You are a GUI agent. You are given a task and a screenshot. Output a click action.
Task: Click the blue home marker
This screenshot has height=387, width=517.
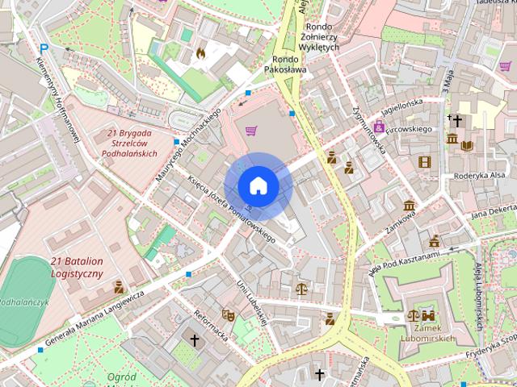(258, 185)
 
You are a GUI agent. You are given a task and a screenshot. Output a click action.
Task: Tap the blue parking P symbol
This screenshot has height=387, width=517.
(44, 49)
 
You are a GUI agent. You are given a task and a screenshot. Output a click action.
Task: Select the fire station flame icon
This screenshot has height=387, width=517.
(200, 53)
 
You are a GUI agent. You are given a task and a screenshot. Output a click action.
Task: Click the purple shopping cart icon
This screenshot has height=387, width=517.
(251, 130)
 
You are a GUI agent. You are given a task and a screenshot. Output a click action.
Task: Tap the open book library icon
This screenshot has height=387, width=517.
(468, 145)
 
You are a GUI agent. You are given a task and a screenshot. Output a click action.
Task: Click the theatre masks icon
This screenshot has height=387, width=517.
(228, 315)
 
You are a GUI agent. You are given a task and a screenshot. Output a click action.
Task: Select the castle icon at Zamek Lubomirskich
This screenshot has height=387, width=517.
(428, 316)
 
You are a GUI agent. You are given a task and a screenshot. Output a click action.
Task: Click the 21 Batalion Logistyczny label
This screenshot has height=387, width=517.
(77, 268)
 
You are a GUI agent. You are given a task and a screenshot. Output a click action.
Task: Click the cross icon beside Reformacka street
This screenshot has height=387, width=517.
(194, 340)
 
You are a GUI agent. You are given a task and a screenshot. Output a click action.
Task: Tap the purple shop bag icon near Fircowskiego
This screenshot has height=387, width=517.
(378, 126)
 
